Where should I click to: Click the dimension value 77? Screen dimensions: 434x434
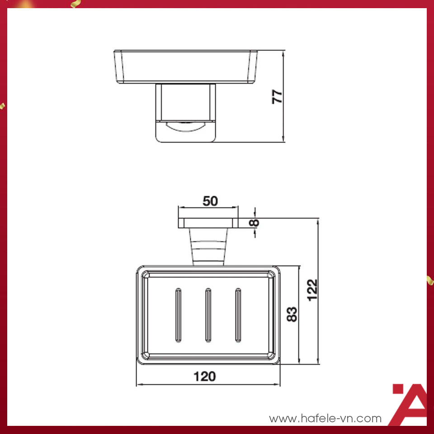click(x=277, y=96)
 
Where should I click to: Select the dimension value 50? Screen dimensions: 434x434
click(x=210, y=201)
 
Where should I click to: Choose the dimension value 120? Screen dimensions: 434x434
click(x=204, y=376)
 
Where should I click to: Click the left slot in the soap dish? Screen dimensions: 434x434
click(x=178, y=315)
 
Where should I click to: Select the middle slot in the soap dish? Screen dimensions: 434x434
click(x=208, y=315)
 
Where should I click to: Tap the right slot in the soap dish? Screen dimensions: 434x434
click(x=238, y=315)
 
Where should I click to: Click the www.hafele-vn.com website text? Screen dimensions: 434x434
click(x=325, y=419)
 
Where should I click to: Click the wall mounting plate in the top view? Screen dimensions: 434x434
click(x=208, y=223)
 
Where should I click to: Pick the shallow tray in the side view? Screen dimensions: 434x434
click(x=185, y=67)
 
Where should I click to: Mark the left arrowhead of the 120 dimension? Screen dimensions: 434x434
click(x=138, y=385)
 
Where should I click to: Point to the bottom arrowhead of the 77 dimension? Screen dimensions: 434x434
click(x=283, y=140)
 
